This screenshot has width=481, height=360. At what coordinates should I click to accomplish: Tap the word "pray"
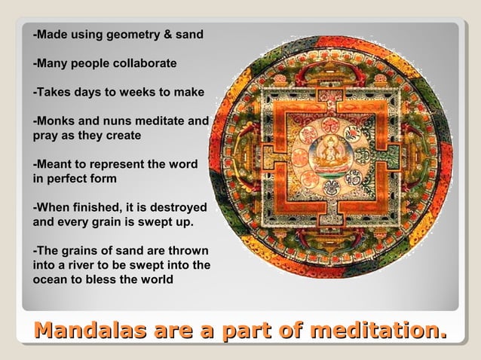44,136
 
